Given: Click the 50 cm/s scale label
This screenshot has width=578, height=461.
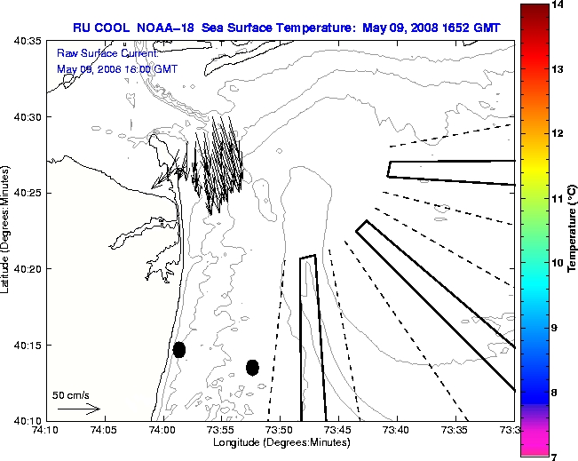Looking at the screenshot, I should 70,394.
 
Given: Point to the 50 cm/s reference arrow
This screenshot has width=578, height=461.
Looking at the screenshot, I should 79,409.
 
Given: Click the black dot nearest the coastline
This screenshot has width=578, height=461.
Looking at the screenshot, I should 179,349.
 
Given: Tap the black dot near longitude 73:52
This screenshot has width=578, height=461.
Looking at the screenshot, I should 252,367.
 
